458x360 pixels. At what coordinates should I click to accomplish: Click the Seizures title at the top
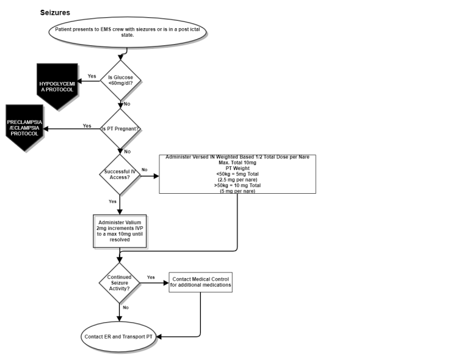(x=55, y=12)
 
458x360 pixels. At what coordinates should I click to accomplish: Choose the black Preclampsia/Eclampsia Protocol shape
(x=24, y=128)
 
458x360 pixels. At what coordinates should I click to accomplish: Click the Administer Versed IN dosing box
(x=237, y=175)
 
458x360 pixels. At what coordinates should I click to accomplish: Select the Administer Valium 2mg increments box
(x=120, y=230)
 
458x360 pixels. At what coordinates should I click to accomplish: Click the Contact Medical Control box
(x=200, y=282)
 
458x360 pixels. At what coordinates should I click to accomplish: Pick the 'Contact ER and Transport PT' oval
(x=119, y=337)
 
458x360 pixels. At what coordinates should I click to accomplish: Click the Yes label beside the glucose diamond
(x=92, y=76)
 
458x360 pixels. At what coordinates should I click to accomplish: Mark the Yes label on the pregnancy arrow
(x=87, y=126)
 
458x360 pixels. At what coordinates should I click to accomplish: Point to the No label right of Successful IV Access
(x=145, y=169)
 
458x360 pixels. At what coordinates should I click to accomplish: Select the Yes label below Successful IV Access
(x=113, y=201)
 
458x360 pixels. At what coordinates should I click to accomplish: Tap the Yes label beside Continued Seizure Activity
(x=151, y=277)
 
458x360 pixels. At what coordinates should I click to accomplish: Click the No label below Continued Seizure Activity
(x=125, y=307)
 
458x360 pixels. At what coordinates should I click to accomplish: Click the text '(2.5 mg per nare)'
(x=237, y=180)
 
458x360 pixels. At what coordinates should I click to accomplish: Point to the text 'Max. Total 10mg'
(x=237, y=163)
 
